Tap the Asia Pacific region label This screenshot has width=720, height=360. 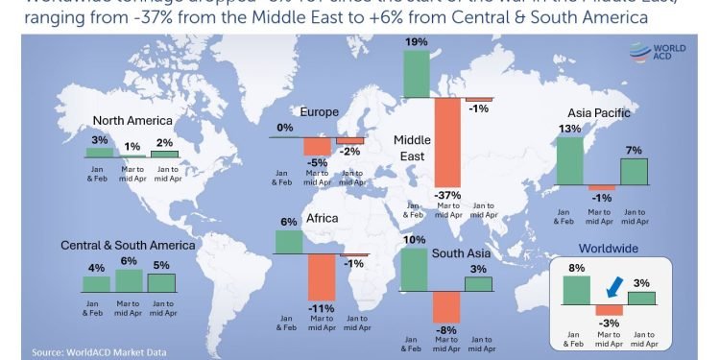pos(598,113)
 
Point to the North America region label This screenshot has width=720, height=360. pos(132,121)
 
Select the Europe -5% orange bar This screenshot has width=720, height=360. pos(317,146)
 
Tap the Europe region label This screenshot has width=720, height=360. pos(320,112)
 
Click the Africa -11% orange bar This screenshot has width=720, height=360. pos(321,277)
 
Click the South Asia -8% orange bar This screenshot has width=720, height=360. pos(447,306)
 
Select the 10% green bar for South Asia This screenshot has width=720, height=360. pos(416,269)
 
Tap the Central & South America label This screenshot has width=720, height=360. pos(128,246)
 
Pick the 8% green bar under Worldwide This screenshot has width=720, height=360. pos(576,290)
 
